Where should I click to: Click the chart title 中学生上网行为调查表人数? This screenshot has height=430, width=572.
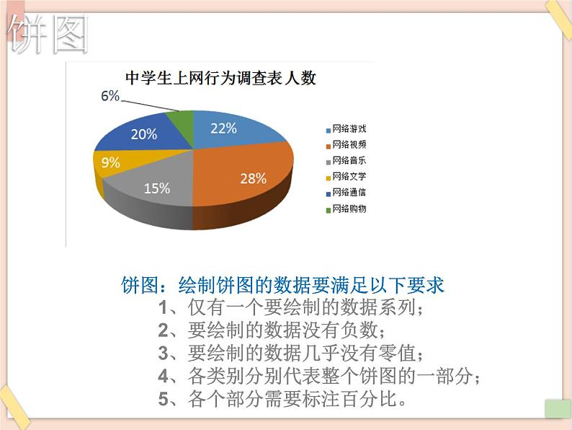tap(220, 78)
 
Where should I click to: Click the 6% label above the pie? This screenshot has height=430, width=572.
tap(110, 97)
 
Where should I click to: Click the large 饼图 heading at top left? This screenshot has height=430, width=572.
tap(50, 35)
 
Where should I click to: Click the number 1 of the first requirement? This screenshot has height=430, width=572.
tap(164, 308)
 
